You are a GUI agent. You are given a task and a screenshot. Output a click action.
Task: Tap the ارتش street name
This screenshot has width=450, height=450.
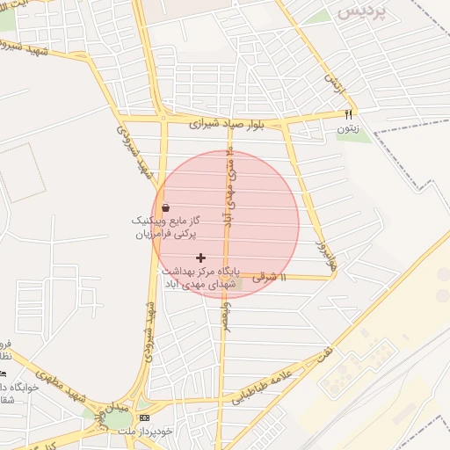332,83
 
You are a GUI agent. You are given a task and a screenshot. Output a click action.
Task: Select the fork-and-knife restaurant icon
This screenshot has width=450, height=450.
348,114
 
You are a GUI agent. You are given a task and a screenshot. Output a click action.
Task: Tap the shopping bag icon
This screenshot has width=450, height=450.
166,207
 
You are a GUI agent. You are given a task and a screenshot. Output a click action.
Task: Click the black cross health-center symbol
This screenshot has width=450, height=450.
201,258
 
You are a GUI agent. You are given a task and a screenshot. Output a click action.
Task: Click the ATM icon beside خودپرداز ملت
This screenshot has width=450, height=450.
145,417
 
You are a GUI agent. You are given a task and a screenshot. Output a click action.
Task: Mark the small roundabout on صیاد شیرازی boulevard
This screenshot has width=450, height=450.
163,116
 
